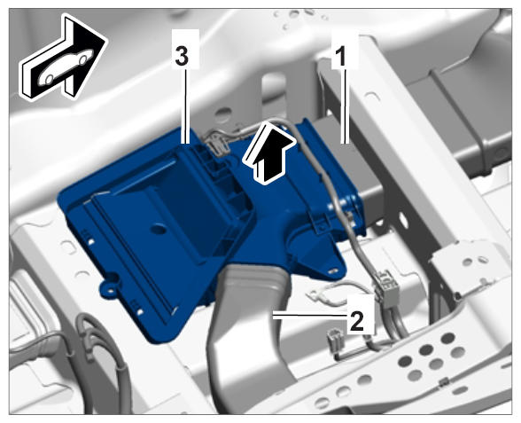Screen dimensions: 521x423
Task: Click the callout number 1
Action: [x=340, y=56]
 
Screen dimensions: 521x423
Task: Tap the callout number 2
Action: [x=357, y=322]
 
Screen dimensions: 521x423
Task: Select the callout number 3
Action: [x=182, y=56]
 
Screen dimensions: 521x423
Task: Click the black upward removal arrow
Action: [x=269, y=153]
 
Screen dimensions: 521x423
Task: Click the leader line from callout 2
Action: [x=310, y=317]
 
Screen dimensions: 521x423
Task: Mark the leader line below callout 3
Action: [x=185, y=106]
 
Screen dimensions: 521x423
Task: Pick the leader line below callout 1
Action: [x=345, y=106]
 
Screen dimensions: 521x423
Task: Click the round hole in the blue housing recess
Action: [x=159, y=229]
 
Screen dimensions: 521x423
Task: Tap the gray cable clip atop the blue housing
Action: [x=216, y=144]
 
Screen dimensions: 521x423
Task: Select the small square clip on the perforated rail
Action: [x=443, y=383]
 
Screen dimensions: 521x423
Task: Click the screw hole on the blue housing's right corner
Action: [x=331, y=271]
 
